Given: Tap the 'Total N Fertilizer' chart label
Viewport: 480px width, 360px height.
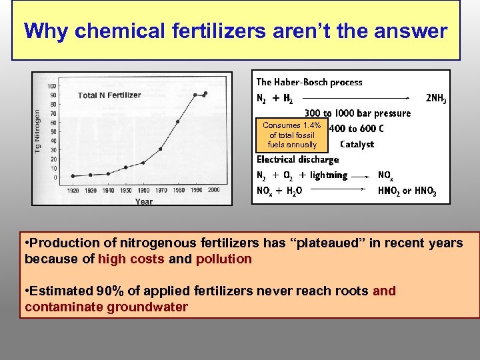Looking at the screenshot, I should coord(109,95).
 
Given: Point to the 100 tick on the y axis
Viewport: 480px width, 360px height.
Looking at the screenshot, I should coord(51,86).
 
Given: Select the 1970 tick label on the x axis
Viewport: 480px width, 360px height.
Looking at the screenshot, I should coord(161,190).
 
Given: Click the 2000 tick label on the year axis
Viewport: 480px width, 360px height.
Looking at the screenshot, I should coord(213,190).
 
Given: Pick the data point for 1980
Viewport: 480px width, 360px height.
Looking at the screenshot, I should coord(177,121).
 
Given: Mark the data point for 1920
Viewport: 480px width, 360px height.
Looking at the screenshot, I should coord(73,176).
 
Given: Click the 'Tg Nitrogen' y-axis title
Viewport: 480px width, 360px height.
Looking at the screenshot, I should coord(38,131).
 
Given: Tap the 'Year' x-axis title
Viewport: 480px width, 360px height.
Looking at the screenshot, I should coord(143,201).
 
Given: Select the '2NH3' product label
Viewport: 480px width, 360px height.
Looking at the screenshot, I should coord(436,99).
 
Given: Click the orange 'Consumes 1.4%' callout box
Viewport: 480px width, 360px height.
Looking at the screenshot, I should coord(292,135).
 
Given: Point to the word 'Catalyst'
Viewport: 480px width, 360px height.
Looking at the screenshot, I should coord(357,144).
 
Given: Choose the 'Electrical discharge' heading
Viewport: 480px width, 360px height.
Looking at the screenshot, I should coord(297,159).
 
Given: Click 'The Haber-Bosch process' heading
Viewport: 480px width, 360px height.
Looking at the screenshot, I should coord(309,82).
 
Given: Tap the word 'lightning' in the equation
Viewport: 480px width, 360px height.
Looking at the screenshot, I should coord(328,175).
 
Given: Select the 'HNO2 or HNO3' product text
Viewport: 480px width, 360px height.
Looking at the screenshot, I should coord(407,191).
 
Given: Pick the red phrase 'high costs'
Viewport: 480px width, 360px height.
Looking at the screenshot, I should coord(131,259).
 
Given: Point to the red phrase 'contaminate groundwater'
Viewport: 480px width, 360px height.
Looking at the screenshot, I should coord(106,307).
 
